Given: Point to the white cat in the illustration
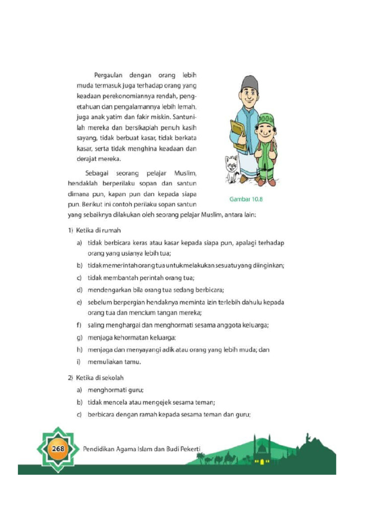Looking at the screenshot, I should tap(232, 168).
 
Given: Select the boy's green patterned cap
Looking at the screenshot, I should tap(266, 119).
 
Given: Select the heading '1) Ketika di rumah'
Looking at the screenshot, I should tap(94, 230).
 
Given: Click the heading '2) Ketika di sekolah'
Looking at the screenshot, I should tap(96, 378).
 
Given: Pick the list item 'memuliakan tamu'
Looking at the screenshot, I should tap(115, 361).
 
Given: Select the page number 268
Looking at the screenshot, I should tap(56, 449).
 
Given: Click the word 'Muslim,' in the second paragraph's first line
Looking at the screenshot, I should tap(186, 173).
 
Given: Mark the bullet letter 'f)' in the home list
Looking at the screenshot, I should tap(79, 325).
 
